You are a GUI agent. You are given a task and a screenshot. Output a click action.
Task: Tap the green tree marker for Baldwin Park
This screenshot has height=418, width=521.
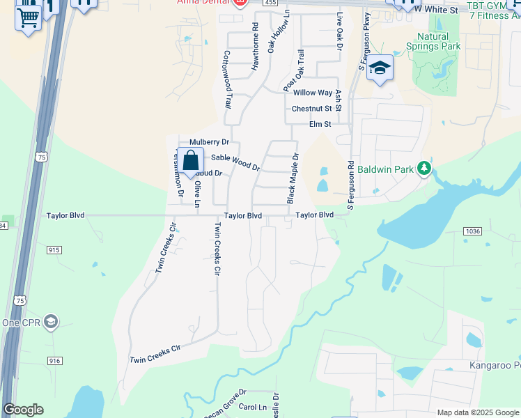[423, 169]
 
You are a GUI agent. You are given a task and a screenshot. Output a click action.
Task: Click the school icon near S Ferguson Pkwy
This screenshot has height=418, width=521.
[380, 68]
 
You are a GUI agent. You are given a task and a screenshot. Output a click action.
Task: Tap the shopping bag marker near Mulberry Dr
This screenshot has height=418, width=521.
[190, 160]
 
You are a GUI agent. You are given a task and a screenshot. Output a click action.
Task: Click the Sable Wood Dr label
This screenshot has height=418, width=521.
[235, 163]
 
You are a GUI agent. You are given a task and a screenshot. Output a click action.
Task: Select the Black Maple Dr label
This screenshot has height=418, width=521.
[294, 178]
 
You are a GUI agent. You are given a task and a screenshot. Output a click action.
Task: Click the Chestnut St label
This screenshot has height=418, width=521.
[311, 109]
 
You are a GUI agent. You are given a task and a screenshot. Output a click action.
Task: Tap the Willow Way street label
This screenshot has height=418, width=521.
[313, 93]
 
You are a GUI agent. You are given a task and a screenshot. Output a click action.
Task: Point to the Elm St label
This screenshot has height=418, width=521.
[320, 125]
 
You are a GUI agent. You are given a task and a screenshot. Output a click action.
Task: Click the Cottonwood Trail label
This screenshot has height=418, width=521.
[226, 79]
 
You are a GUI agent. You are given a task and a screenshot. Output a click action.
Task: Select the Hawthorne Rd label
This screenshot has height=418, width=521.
[255, 47]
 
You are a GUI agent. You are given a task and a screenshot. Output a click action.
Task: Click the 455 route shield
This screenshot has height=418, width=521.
[269, 3]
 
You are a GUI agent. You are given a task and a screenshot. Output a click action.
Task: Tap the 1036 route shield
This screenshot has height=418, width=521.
[472, 230]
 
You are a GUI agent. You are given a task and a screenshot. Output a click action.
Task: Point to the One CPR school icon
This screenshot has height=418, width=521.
[50, 321]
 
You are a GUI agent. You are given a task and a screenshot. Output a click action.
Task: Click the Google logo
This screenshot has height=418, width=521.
[23, 410]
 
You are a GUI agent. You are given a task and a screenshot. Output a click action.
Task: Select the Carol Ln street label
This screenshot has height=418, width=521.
[253, 407]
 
